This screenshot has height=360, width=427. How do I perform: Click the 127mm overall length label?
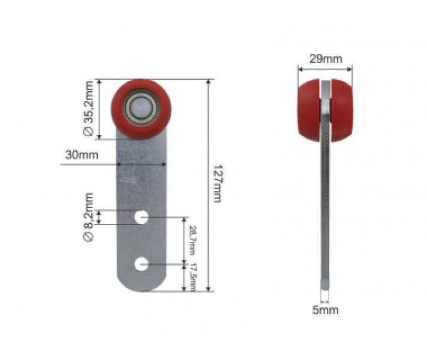click(217, 183)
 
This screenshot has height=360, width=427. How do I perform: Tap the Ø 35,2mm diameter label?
click(88, 109)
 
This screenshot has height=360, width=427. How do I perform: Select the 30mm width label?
click(82, 155)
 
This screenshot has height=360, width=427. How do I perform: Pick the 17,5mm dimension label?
click(193, 277)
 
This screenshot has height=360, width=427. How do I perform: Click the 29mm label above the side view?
click(326, 59)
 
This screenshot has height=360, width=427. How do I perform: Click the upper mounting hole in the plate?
click(142, 217)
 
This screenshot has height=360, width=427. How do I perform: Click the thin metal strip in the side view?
click(325, 210)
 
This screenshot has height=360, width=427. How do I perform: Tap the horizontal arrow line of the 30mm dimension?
click(142, 163)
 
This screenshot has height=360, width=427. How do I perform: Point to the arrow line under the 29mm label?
click(326, 68)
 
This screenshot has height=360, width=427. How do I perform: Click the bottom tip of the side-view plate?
click(324, 286)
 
